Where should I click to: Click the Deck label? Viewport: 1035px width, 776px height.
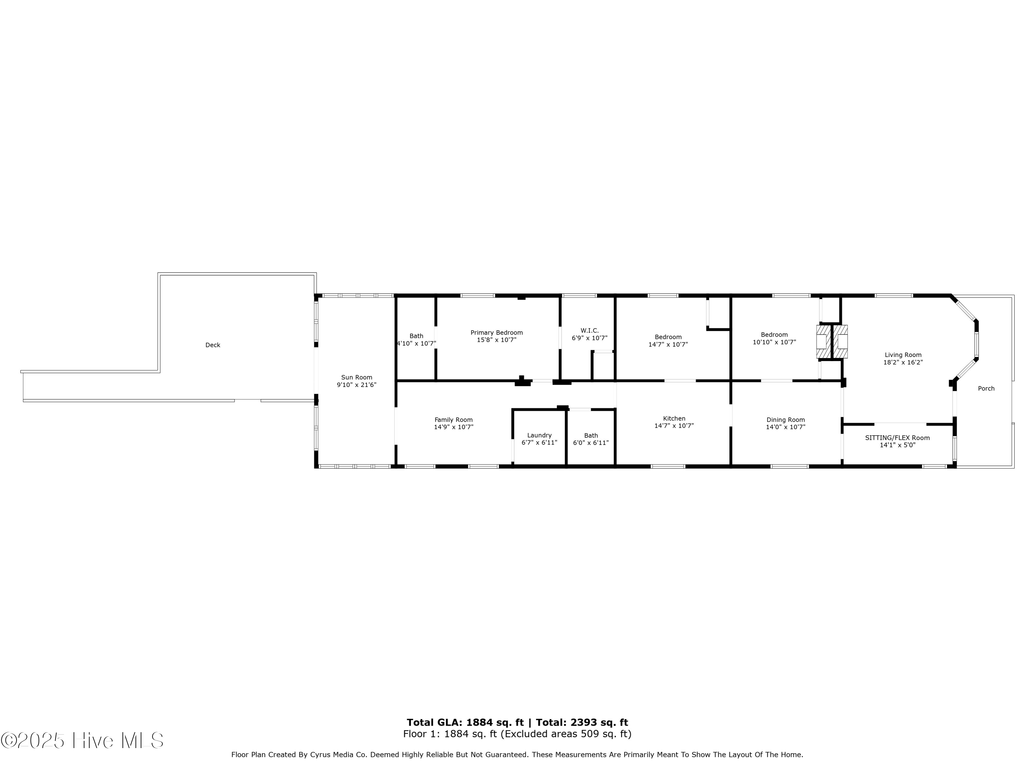point(213,345)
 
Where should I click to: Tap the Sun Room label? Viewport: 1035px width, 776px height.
point(356,377)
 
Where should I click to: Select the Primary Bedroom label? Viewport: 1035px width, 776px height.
point(496,332)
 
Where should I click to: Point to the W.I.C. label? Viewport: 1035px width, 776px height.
point(590,331)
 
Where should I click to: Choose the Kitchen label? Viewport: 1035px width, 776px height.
point(674,419)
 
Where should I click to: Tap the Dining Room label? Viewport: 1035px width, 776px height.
point(786,420)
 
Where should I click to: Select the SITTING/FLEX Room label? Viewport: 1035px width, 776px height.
point(897,438)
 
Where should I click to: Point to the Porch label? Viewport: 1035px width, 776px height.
point(986,389)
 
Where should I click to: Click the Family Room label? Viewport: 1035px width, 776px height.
point(453,420)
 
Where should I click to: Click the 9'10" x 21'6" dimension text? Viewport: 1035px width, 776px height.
point(356,385)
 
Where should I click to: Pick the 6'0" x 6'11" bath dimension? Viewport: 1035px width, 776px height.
point(591,443)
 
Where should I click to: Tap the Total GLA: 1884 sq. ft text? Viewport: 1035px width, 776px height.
point(465,723)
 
